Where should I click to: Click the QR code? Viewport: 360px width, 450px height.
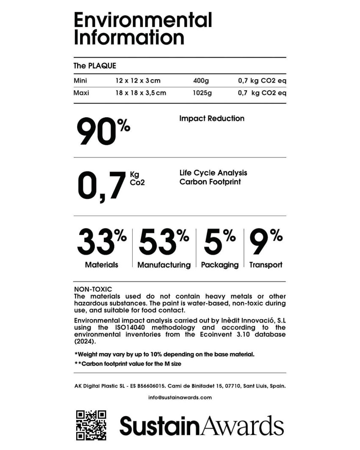pyautogui.click(x=91, y=425)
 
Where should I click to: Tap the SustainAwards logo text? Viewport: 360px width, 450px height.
pyautogui.click(x=202, y=425)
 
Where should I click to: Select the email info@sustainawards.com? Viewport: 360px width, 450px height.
pyautogui.click(x=180, y=398)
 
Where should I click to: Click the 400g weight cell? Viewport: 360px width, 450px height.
pyautogui.click(x=201, y=80)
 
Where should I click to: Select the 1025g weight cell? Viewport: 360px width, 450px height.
pyautogui.click(x=202, y=93)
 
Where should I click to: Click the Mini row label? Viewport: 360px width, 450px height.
pyautogui.click(x=80, y=80)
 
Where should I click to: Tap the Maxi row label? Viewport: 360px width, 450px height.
pyautogui.click(x=81, y=93)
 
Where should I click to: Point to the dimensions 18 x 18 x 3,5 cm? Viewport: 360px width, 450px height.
pyautogui.click(x=141, y=93)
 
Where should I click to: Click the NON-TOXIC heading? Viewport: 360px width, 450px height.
pyautogui.click(x=93, y=289)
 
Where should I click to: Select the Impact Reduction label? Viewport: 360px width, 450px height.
pyautogui.click(x=212, y=119)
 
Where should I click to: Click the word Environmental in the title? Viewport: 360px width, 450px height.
pyautogui.click(x=143, y=20)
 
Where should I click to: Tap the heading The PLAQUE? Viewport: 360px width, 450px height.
pyautogui.click(x=95, y=66)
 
